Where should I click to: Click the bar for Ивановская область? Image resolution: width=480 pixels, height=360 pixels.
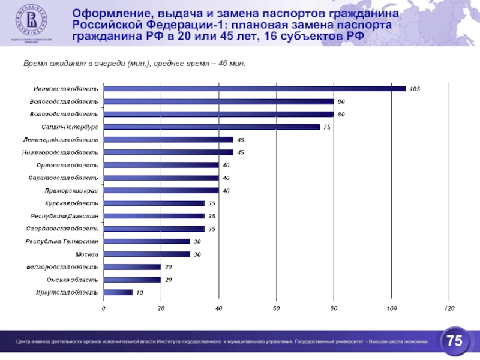coord(254,89)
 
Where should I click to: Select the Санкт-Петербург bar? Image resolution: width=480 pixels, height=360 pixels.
coord(211,127)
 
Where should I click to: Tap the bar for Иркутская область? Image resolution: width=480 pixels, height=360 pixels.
coord(118,292)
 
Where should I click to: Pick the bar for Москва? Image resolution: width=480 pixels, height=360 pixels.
coord(146,254)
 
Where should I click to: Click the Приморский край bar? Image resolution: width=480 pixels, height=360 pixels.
coord(161,191)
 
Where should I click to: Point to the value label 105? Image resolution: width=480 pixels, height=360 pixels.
coord(415,89)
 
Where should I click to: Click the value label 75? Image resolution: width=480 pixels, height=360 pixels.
coord(327,127)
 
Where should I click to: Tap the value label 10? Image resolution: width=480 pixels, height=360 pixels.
coord(139,292)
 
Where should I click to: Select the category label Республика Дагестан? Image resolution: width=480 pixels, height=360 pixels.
coord(65,216)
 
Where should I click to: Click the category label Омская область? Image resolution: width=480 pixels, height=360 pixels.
coord(73,280)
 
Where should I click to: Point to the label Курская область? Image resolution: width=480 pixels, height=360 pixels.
coord(72,203)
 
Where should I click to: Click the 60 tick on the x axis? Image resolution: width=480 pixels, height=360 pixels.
coord(276,308)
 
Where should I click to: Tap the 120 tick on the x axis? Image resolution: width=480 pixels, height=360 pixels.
coord(448,308)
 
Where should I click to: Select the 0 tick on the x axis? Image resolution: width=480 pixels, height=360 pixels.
coord(103,308)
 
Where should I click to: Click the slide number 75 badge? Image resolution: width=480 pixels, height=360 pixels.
coord(454,341)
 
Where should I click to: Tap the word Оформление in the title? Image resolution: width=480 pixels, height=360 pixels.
coord(106,14)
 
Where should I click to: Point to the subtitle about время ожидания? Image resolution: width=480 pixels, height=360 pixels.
coord(134,63)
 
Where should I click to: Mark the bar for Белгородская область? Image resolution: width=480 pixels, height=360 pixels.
coord(132,267)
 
